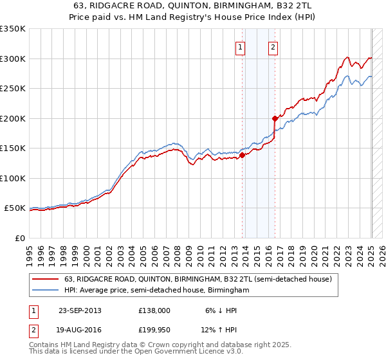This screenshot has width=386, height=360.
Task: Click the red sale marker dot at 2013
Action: (x=243, y=155)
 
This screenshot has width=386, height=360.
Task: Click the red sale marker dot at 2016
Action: (x=275, y=118)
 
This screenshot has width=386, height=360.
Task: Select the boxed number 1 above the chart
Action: (x=240, y=46)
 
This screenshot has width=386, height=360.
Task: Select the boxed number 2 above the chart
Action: (x=273, y=46)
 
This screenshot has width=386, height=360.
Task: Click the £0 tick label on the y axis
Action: (x=21, y=238)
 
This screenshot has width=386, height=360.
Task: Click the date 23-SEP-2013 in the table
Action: (x=80, y=310)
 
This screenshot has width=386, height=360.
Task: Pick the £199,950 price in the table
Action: (x=154, y=331)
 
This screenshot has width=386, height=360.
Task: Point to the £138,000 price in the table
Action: (x=154, y=310)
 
